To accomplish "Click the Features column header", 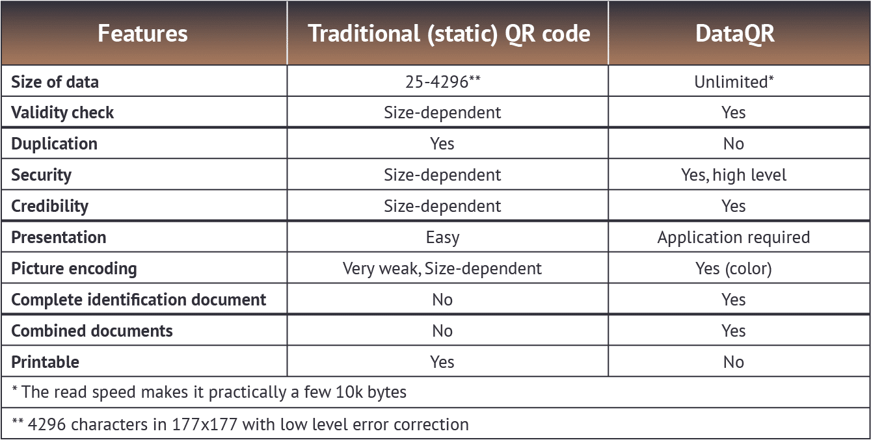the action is (x=142, y=33).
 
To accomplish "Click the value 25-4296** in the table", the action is (x=443, y=82).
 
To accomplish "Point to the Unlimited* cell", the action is (x=734, y=82).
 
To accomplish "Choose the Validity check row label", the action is (x=62, y=112).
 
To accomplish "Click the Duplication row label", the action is (x=54, y=144).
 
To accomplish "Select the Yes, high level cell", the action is (x=734, y=175).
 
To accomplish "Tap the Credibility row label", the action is (x=49, y=206).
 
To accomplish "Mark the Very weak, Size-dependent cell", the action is (x=442, y=268).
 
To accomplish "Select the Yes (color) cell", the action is (x=734, y=268).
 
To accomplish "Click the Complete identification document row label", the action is (x=139, y=300).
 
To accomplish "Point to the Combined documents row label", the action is (x=92, y=331).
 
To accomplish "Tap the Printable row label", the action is (x=45, y=362).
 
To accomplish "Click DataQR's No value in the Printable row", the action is (x=734, y=362).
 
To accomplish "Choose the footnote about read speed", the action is (x=209, y=393).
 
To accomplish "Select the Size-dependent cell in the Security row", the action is (x=442, y=175).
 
